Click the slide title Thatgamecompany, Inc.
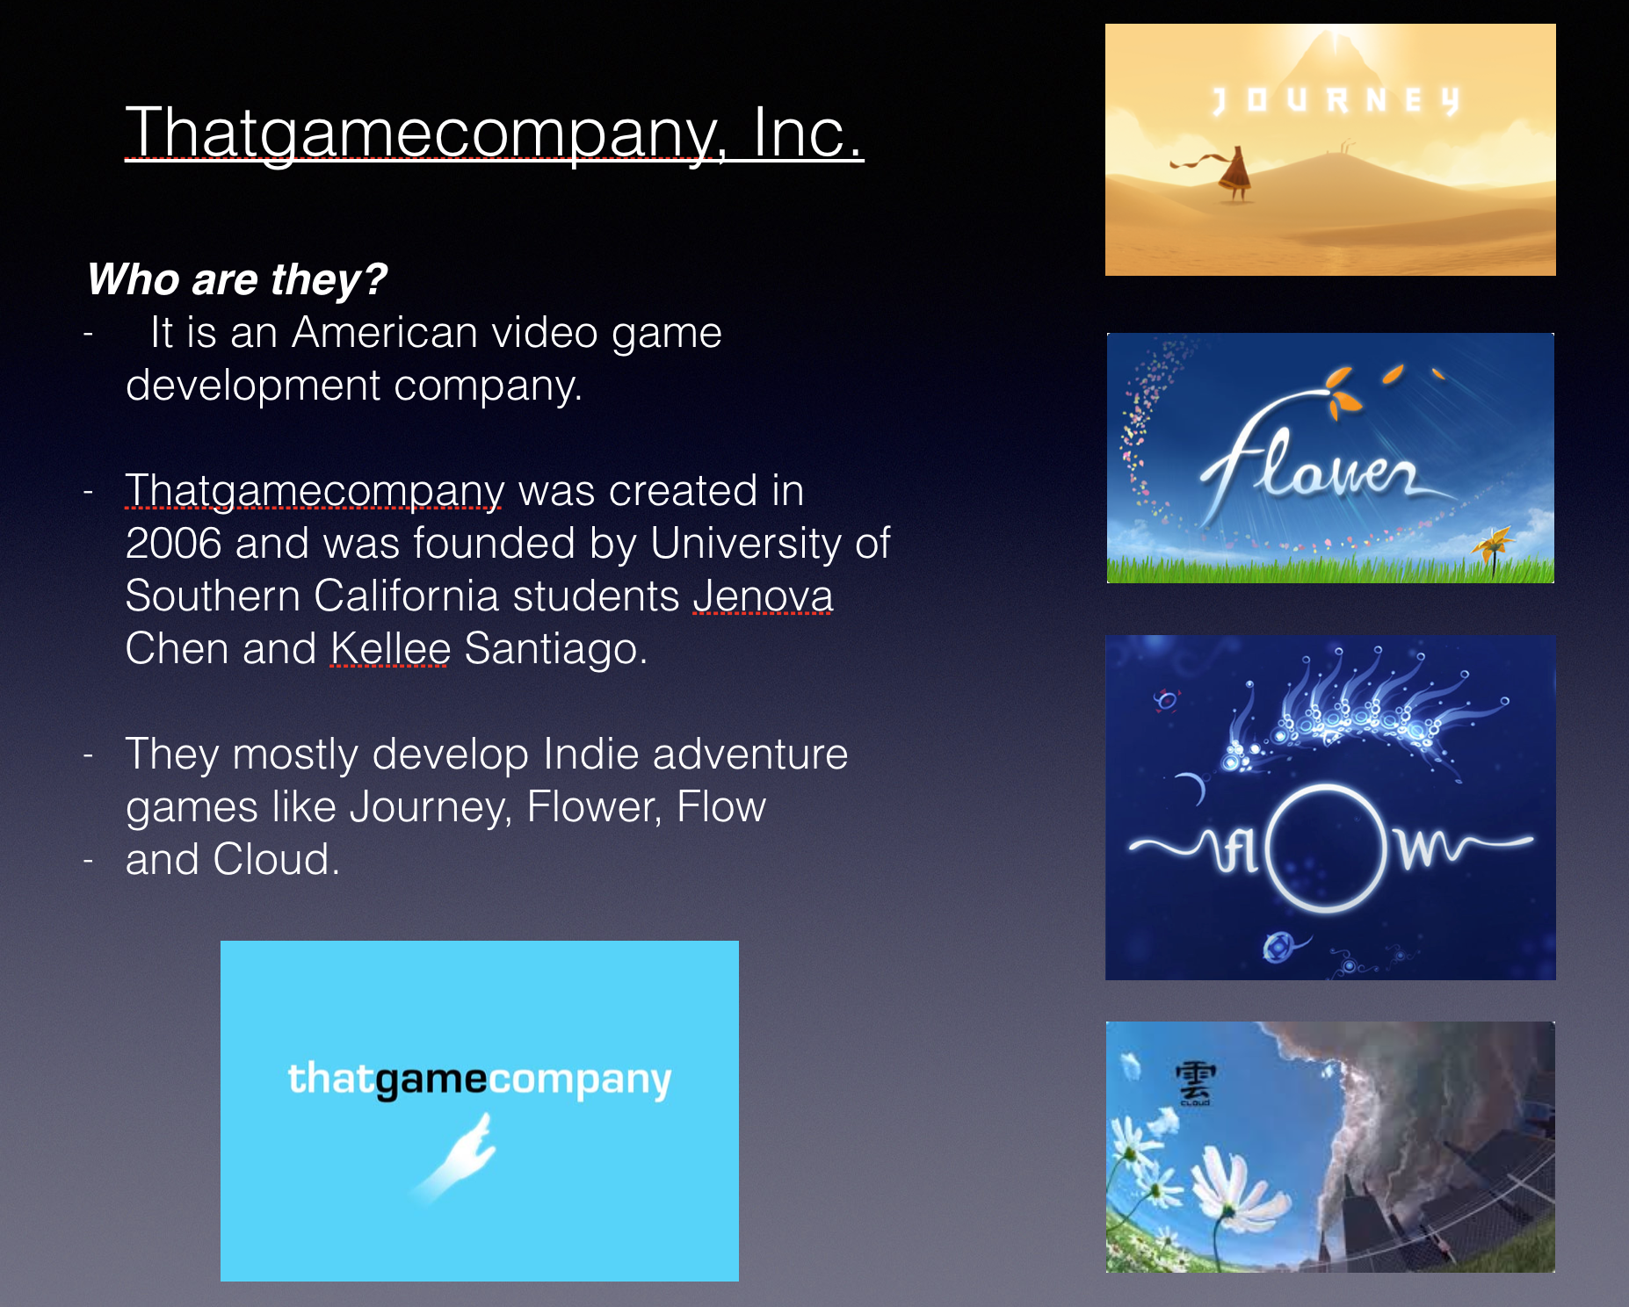point(495,133)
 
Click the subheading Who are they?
point(236,280)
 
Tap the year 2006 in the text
point(173,543)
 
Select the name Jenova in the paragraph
point(763,596)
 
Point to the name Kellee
point(390,648)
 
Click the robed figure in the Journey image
point(1234,173)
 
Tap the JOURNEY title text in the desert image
point(1336,101)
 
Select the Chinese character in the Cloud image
point(1195,1080)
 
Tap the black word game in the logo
point(431,1080)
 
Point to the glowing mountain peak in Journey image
point(1335,48)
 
